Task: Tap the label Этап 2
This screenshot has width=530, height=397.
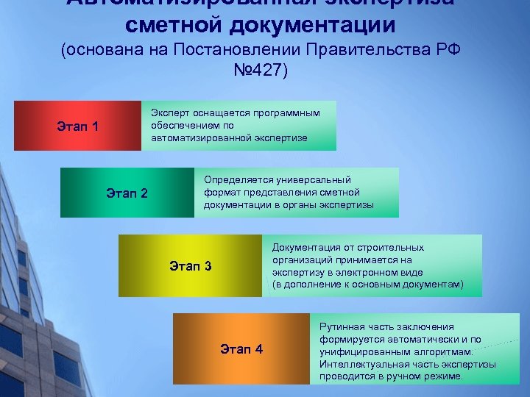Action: point(127,194)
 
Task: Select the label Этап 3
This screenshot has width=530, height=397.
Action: point(190,265)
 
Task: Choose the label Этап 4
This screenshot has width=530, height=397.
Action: point(241,349)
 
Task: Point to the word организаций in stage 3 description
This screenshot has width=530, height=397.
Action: point(302,260)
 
